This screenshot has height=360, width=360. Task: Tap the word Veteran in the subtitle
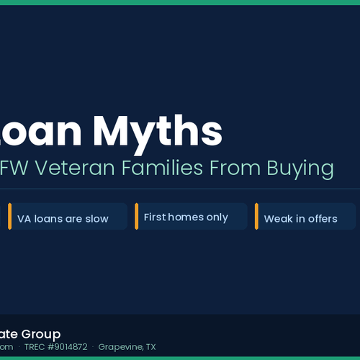tap(75, 168)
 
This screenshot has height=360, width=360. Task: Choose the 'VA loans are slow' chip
tap(68, 217)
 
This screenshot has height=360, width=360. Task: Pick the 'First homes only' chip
tap(191, 217)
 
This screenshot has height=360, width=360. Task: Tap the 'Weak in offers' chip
tap(305, 217)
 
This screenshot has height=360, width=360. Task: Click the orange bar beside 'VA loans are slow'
tap(10, 217)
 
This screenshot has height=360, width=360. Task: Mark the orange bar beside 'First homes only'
tap(136, 217)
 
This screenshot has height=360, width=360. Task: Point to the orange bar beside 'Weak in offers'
tap(256, 217)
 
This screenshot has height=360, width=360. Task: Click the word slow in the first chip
tap(96, 218)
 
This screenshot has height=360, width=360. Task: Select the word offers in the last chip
tap(323, 218)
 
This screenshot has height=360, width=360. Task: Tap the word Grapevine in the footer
tap(120, 347)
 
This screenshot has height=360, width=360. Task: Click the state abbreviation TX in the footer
tap(150, 347)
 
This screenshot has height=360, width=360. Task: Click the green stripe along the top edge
tap(180, 2)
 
